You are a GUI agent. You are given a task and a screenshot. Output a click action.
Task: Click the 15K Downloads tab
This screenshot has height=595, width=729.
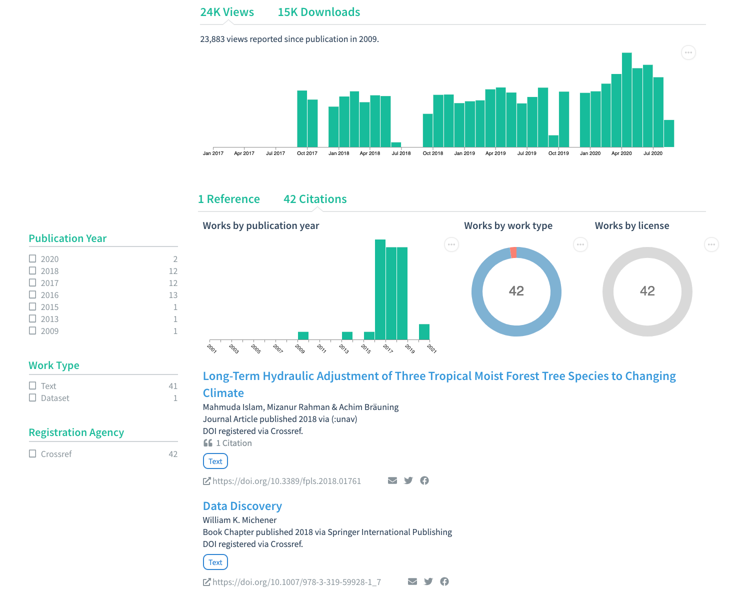(318, 12)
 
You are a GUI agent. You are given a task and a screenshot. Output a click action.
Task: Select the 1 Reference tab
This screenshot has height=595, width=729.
(229, 199)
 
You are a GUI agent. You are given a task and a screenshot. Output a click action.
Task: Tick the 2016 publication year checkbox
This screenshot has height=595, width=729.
(32, 295)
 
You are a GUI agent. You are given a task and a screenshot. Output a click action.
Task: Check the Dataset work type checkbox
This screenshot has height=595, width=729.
(32, 398)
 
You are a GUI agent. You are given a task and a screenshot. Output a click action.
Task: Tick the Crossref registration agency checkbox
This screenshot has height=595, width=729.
(32, 454)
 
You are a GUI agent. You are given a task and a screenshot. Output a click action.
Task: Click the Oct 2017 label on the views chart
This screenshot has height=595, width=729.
(307, 153)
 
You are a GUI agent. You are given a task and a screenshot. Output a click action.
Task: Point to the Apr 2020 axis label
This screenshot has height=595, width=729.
(621, 153)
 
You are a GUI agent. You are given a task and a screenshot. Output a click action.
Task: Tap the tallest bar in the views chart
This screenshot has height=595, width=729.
(626, 100)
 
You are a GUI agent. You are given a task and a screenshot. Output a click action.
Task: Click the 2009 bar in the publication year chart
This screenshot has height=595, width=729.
(303, 336)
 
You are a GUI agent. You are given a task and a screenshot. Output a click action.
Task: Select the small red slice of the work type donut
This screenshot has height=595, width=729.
(513, 252)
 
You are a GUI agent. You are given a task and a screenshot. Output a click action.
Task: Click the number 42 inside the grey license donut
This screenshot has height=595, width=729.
(647, 291)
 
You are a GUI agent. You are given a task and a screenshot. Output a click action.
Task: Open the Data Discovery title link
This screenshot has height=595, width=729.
(242, 506)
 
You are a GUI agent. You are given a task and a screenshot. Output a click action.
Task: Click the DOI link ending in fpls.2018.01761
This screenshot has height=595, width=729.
(286, 481)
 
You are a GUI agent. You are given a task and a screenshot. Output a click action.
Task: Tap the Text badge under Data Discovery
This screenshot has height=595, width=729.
(215, 562)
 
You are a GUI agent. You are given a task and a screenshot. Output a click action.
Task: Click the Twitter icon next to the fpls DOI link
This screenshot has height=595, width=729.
(408, 480)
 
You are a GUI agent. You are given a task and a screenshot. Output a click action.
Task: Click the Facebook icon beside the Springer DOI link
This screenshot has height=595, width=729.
(444, 581)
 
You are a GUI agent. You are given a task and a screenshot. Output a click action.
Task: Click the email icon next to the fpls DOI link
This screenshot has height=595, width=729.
(392, 480)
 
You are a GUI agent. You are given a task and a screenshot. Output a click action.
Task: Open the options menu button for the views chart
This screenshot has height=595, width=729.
(688, 52)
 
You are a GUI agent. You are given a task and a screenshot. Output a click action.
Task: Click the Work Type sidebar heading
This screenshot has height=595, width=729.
(54, 365)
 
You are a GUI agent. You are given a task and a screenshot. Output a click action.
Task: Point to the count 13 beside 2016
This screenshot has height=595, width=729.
(173, 295)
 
